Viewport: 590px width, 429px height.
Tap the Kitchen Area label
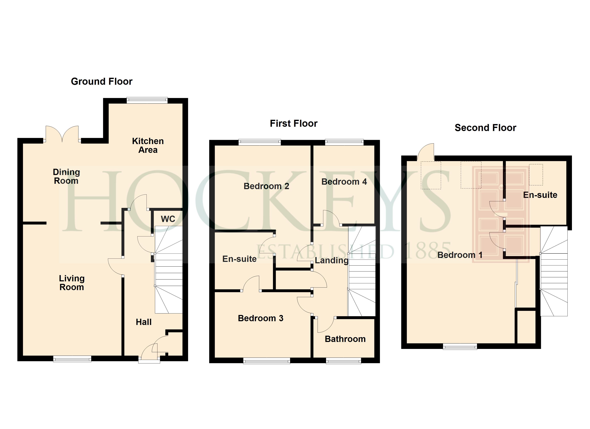click(x=148, y=146)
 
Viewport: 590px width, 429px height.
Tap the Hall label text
click(x=144, y=322)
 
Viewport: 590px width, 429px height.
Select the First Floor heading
click(x=293, y=124)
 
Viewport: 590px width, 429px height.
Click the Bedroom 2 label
click(x=266, y=186)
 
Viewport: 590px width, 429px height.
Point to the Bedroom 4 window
click(x=344, y=142)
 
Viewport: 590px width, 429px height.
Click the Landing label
click(x=331, y=260)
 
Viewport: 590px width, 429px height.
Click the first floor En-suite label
click(x=239, y=259)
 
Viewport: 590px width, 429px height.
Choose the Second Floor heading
click(x=485, y=128)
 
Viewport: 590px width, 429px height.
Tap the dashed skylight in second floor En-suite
click(x=536, y=175)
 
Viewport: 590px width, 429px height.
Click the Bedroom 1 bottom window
click(x=460, y=347)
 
